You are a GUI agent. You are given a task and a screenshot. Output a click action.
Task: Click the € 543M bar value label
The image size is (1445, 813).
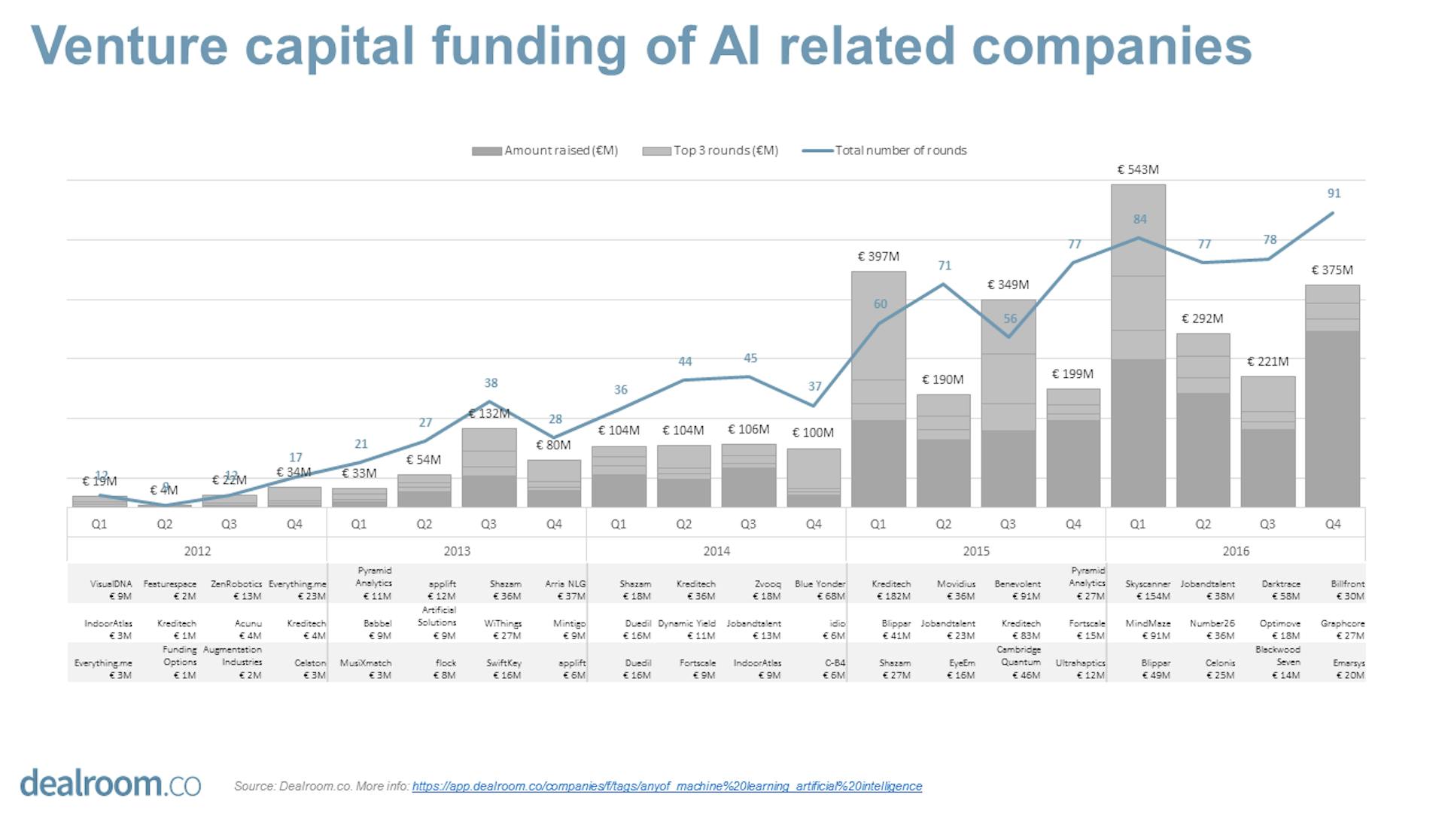[x=1137, y=170]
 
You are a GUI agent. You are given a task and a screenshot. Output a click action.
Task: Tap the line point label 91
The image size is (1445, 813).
[x=1334, y=193]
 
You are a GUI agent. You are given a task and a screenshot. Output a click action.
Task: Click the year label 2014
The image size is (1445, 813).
[x=716, y=551]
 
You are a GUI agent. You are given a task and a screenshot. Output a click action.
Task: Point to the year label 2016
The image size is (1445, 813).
[x=1235, y=551]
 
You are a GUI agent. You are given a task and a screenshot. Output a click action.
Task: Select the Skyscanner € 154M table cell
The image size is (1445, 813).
[x=1148, y=590]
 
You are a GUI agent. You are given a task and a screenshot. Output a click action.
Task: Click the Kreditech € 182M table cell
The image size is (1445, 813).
[x=891, y=590]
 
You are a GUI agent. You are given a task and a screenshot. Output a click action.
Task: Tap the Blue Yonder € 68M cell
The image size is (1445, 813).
[x=820, y=590]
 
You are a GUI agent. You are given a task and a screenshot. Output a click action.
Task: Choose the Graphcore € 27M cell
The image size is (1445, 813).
[x=1342, y=629]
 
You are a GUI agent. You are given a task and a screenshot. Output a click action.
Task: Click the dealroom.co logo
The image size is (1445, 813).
[x=110, y=783]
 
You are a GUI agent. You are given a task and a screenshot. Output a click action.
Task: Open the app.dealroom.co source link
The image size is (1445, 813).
[x=667, y=786]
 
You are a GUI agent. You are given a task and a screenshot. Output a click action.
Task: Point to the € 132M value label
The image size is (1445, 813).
[x=489, y=413]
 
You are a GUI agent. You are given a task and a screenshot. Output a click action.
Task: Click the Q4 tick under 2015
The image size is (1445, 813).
[x=1073, y=524]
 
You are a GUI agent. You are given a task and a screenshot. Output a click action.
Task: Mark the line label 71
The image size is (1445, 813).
[x=945, y=266]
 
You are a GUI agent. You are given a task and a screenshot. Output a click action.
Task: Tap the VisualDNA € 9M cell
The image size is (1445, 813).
[x=111, y=590]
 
